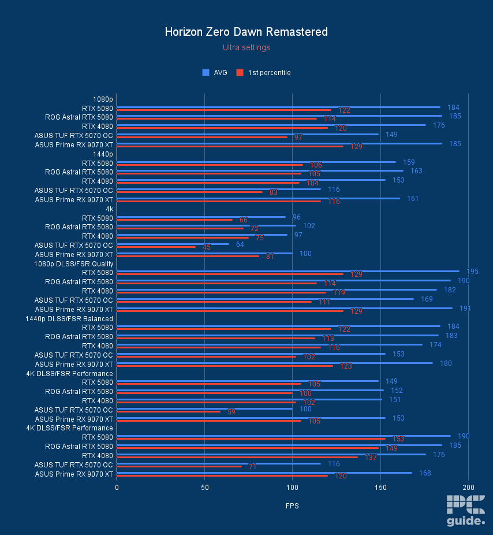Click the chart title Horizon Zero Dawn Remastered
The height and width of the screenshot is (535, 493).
(x=246, y=32)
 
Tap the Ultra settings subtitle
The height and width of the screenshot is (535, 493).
(x=246, y=47)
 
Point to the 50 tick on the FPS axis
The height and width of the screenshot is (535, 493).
(x=204, y=488)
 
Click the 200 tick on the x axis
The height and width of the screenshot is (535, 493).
(x=468, y=488)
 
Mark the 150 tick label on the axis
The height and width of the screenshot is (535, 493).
(x=380, y=488)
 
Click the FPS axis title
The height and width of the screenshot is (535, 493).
(x=292, y=506)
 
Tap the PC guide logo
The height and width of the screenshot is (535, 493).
(x=465, y=511)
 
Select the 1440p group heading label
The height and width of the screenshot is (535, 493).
(x=103, y=154)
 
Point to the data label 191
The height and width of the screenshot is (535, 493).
(x=465, y=309)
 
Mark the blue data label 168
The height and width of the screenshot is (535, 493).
(x=425, y=473)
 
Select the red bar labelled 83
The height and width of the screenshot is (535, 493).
(x=189, y=192)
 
